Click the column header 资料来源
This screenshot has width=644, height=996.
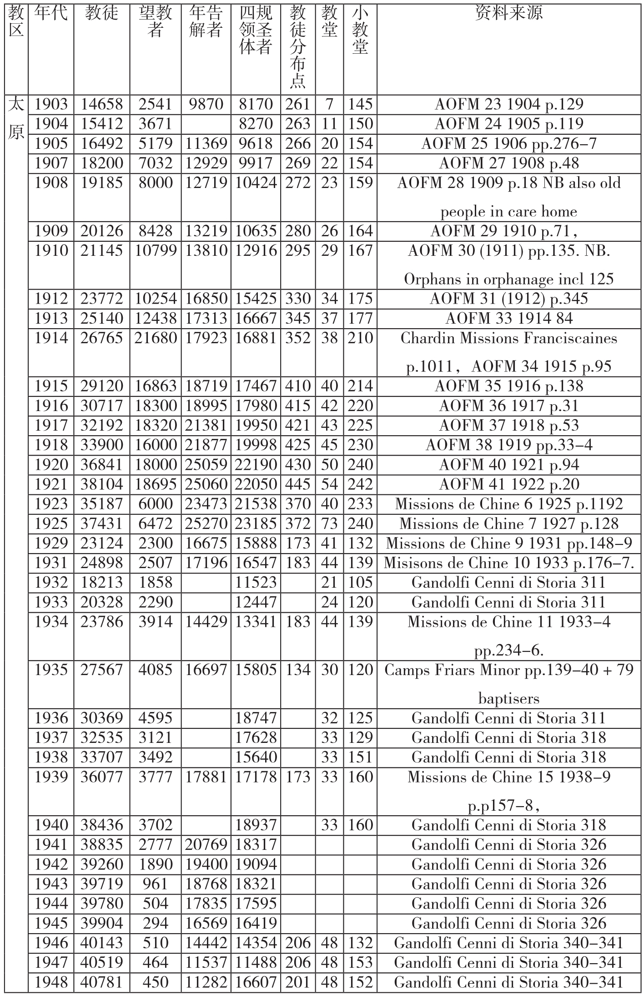tap(508, 14)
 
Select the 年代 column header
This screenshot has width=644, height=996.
tap(51, 14)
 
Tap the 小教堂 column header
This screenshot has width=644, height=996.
tap(360, 30)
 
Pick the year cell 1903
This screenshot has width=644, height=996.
tap(51, 104)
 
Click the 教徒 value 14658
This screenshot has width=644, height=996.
tap(101, 104)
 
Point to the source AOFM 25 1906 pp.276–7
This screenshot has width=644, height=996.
tap(508, 143)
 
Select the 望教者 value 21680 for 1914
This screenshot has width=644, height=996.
tap(156, 338)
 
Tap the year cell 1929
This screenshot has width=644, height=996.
tap(51, 543)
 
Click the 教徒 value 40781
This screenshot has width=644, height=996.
tap(101, 982)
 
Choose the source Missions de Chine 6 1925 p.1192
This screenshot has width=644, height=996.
tap(508, 504)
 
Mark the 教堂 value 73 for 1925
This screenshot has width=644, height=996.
tap(329, 523)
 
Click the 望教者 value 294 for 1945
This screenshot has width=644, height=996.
tap(156, 923)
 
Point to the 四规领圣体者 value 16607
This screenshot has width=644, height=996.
tap(256, 982)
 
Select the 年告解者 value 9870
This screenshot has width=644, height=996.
tap(206, 104)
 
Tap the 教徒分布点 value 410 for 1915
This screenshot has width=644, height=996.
tap(298, 386)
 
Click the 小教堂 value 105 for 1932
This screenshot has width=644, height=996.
tap(360, 582)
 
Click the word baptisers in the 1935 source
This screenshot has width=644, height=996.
tap(508, 698)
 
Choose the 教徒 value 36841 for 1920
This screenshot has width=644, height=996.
tap(101, 465)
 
